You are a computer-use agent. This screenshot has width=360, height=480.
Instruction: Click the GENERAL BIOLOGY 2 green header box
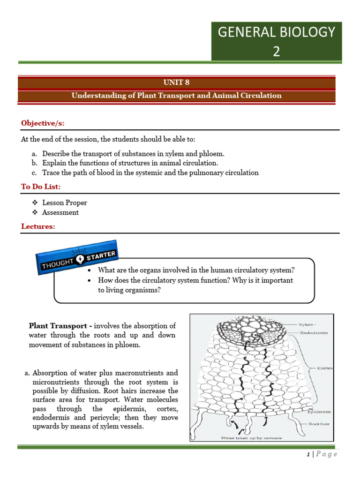(x=277, y=41)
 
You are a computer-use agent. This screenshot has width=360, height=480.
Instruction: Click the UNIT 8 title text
(x=176, y=82)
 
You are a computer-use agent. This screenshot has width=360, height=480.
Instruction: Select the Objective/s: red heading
(x=43, y=123)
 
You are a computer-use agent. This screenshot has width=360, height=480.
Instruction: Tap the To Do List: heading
(x=41, y=187)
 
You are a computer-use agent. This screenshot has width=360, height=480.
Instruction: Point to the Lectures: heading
(x=38, y=226)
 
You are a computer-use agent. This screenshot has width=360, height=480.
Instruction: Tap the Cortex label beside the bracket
(x=324, y=368)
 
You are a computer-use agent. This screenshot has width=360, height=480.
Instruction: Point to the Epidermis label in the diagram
(x=319, y=412)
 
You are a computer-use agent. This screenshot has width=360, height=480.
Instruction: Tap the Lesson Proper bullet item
(x=64, y=203)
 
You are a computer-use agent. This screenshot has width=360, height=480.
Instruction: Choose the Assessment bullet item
(x=60, y=212)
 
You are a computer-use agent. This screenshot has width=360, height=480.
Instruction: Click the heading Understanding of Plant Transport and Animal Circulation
(x=176, y=96)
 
